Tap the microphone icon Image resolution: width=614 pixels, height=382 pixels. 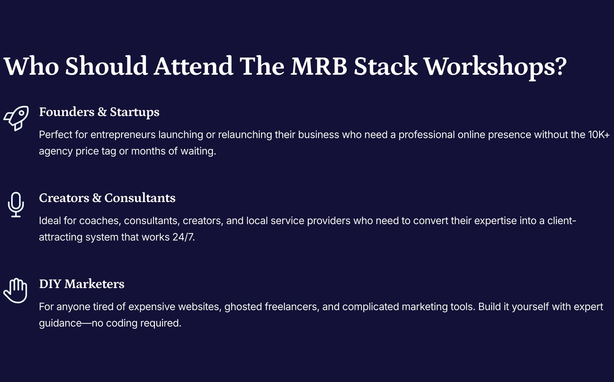[16, 204]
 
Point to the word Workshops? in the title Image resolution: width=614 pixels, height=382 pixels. [495, 67]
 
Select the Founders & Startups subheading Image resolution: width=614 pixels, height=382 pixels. [99, 112]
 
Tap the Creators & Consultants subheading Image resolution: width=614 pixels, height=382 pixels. [107, 198]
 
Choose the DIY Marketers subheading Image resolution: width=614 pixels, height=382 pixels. [82, 284]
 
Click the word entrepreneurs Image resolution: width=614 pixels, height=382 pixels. [123, 135]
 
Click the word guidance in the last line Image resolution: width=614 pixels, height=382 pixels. [60, 324]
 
